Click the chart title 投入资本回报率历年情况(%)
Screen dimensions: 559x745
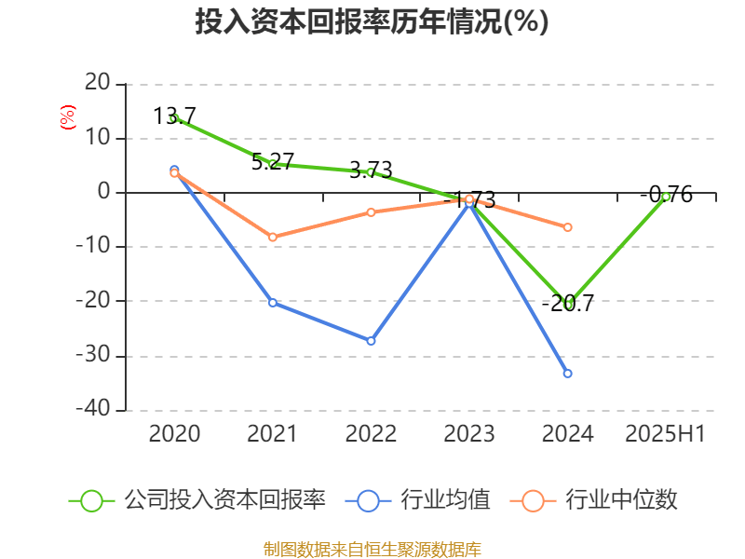tap(372, 21)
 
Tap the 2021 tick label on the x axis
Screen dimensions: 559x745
tap(273, 433)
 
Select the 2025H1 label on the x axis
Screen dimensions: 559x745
tap(665, 433)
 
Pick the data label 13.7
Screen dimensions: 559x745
tap(175, 116)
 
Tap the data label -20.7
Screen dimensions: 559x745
tap(568, 303)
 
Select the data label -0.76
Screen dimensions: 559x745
tap(667, 194)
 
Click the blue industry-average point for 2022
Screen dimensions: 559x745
tap(371, 341)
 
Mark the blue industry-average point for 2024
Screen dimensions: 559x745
tap(567, 374)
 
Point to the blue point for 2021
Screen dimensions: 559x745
tap(273, 303)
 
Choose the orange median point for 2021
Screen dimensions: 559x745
tap(273, 238)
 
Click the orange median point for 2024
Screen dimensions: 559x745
tap(567, 227)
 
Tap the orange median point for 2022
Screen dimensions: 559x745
tap(371, 212)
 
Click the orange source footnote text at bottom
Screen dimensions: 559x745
tap(372, 549)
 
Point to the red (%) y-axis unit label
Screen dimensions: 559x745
tap(67, 116)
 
